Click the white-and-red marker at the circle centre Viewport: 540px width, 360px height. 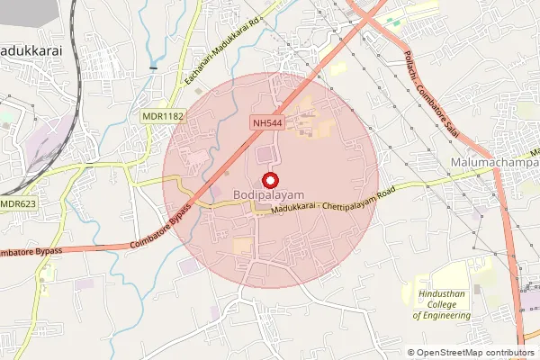(x=269, y=179)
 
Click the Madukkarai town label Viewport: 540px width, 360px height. (x=31, y=51)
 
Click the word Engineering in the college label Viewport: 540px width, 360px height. (x=442, y=316)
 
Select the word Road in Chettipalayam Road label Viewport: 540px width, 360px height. (x=387, y=191)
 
